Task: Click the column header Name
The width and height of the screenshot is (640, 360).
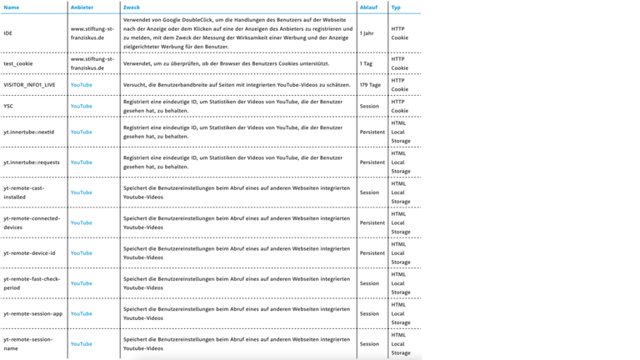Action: point(12,7)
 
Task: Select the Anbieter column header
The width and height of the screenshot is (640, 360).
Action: point(82,7)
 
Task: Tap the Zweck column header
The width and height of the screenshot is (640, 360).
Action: point(132,7)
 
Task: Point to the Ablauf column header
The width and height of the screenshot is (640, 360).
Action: point(367,7)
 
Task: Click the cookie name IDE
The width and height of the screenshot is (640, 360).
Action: point(7,34)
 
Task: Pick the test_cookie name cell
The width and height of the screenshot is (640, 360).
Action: point(19,63)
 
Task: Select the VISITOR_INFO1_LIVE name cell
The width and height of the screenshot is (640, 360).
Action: point(32,85)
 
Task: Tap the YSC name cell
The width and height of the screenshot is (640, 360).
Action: point(8,107)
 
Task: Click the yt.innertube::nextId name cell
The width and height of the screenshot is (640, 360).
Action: point(29,132)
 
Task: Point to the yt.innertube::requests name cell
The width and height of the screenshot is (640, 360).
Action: point(31,162)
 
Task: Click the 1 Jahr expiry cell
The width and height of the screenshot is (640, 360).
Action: point(367,34)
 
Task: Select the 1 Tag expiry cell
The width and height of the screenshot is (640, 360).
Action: point(366,63)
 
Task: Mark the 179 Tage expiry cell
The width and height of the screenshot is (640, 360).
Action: point(370,85)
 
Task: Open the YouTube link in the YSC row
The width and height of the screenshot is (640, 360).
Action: point(82,107)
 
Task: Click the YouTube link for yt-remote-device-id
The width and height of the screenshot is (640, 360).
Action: point(82,253)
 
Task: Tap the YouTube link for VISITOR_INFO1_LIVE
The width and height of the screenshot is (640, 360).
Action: point(82,85)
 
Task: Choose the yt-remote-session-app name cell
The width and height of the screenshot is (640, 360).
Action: point(33,314)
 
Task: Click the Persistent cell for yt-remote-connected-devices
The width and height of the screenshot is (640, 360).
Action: point(372,222)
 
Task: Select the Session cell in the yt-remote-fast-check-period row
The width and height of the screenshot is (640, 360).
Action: point(369,283)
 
